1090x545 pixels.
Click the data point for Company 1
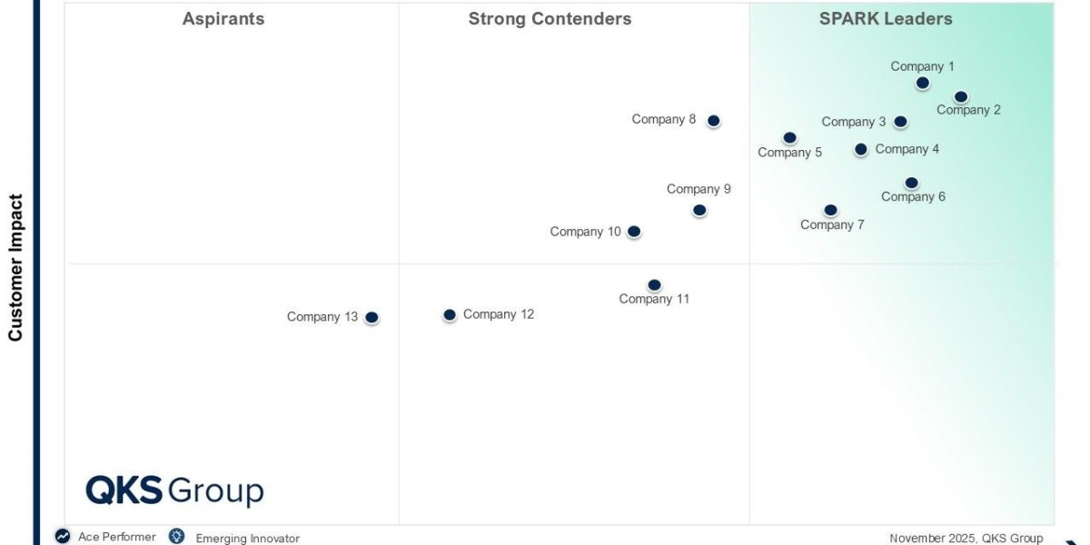tap(922, 84)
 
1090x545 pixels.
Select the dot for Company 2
tap(960, 97)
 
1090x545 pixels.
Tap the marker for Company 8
tap(713, 121)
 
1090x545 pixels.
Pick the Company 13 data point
tap(372, 318)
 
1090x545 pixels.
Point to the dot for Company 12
tap(449, 315)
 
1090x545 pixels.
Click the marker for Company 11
tap(654, 285)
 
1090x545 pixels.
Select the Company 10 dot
tap(634, 232)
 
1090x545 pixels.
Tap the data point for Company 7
tap(830, 211)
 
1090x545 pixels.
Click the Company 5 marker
tap(789, 138)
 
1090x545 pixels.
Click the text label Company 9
tap(699, 189)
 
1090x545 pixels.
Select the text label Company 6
tap(913, 197)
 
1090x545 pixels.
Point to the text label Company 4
tap(907, 149)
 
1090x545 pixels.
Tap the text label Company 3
tap(853, 122)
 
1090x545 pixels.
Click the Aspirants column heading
tap(223, 19)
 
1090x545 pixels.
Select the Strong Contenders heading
tap(550, 19)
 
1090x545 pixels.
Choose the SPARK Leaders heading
tap(886, 19)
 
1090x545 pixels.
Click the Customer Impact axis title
tap(15, 267)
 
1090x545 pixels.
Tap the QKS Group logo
tap(174, 490)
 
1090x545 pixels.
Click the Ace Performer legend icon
tap(63, 537)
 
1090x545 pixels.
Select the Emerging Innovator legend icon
tap(177, 537)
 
